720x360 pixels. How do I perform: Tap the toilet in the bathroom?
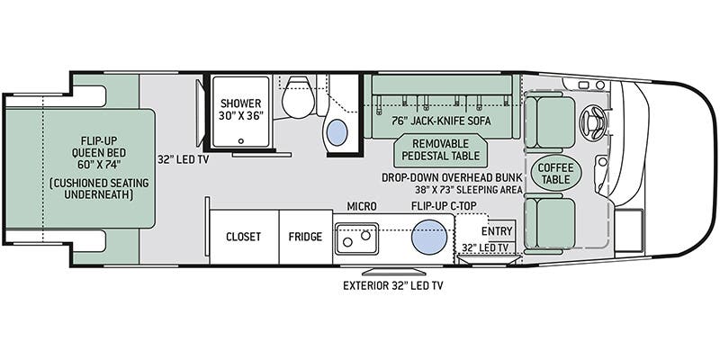[x=295, y=99]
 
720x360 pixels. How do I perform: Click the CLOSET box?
[x=243, y=238]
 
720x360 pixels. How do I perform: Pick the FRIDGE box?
[x=305, y=238]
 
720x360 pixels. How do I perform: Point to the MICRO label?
[x=362, y=207]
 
